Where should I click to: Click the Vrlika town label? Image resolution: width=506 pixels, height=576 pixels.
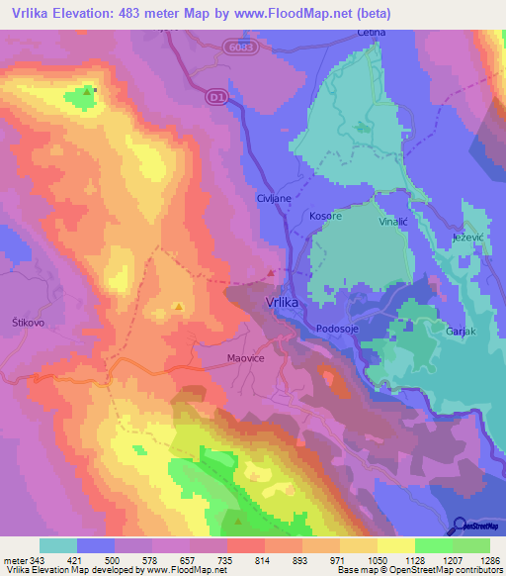click(x=282, y=306)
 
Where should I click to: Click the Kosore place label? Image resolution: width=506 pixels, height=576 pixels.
click(x=326, y=216)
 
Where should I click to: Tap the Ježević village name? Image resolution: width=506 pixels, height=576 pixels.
click(x=467, y=239)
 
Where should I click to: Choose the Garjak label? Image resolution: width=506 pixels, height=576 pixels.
click(x=462, y=332)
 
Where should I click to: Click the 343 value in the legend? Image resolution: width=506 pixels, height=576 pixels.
click(x=38, y=559)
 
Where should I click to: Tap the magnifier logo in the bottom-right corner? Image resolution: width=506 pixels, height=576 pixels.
click(x=461, y=525)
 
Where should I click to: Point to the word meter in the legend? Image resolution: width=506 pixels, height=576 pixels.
click(x=14, y=559)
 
